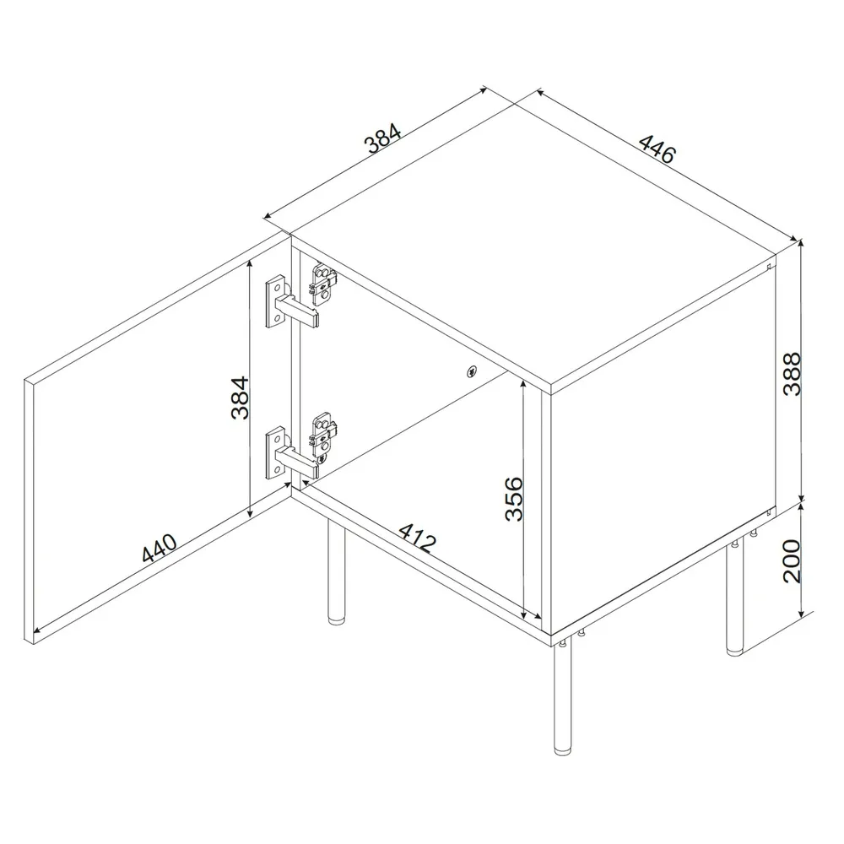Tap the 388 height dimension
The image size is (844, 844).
click(x=790, y=374)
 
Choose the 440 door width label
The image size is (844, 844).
click(x=160, y=549)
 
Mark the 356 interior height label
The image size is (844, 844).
click(x=512, y=499)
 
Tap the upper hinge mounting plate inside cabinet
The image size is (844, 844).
click(x=323, y=284)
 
